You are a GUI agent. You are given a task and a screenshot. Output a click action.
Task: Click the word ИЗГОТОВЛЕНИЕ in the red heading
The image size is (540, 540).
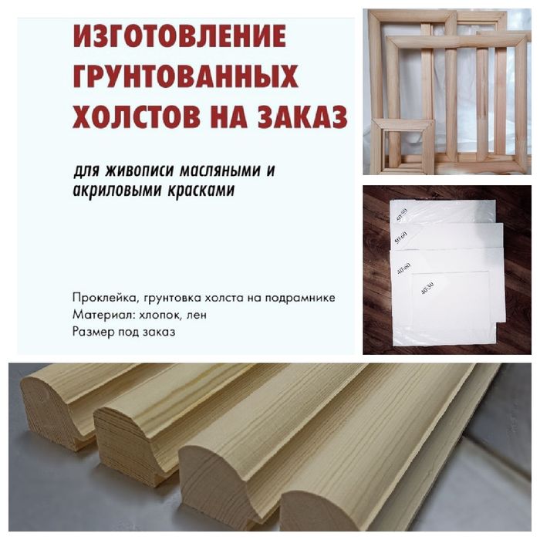point(179,35)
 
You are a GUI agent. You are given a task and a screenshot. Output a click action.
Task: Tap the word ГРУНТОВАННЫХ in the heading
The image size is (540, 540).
point(185,76)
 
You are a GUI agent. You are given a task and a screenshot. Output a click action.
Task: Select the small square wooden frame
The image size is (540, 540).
point(401,144)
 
